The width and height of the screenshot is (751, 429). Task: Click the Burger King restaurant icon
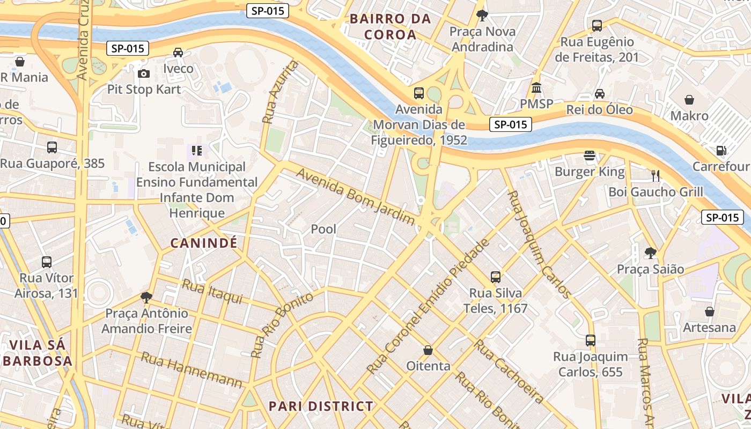click(x=590, y=156)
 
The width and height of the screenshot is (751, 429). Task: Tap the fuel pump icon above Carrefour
click(x=721, y=151)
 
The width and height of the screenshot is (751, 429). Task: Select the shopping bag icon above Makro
click(x=689, y=100)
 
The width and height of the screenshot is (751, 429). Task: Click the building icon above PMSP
click(x=536, y=87)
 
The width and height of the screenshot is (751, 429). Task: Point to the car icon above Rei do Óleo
click(x=600, y=94)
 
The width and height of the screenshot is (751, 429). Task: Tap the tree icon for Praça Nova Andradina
click(x=482, y=15)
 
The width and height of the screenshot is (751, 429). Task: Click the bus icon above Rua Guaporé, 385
click(x=52, y=147)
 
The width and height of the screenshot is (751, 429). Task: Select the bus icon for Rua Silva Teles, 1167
click(x=496, y=277)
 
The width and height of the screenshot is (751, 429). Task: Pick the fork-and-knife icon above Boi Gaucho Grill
click(x=655, y=175)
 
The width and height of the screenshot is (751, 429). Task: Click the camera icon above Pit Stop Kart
click(x=144, y=73)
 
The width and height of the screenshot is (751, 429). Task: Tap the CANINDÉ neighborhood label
click(x=204, y=243)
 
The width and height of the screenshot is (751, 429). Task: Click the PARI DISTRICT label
click(x=321, y=406)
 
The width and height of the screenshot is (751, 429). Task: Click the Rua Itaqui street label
click(x=212, y=292)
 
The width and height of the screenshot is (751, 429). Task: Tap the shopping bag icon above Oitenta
click(x=428, y=350)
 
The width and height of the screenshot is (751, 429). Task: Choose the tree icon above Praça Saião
click(x=650, y=253)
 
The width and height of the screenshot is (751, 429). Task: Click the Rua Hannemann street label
click(x=192, y=369)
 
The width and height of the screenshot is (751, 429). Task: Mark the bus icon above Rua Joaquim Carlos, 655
click(x=591, y=341)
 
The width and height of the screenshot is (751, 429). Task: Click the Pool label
click(x=323, y=229)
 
